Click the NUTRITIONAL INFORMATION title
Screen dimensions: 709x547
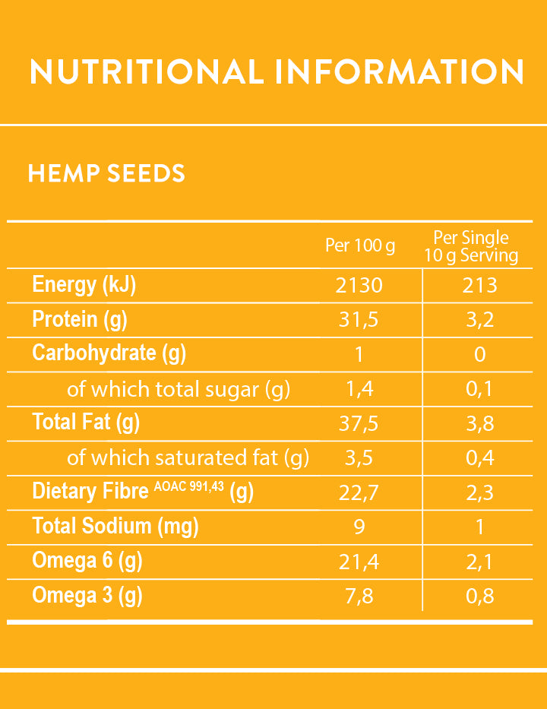point(277,71)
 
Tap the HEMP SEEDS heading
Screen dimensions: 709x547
point(106,173)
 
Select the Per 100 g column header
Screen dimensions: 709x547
point(360,245)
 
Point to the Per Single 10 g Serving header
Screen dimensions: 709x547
point(471,246)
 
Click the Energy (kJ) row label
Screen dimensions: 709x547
point(84,285)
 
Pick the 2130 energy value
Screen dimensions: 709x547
point(359,286)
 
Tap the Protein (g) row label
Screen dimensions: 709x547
point(80,319)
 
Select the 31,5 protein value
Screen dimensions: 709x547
point(359,320)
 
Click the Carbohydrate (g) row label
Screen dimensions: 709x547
point(109,353)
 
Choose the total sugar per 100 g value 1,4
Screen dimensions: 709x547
point(359,389)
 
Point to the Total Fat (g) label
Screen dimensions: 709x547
point(86,422)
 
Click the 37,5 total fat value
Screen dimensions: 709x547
point(359,423)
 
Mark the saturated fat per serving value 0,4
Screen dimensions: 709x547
point(479,457)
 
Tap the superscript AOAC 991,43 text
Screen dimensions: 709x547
point(188,486)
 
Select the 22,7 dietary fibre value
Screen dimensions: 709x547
point(359,492)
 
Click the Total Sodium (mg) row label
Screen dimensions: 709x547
point(115,526)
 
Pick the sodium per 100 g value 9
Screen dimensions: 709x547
point(359,527)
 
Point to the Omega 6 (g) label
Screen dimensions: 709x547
point(87,561)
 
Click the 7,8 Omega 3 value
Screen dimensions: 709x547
point(359,596)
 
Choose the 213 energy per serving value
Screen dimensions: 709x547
point(480,286)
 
